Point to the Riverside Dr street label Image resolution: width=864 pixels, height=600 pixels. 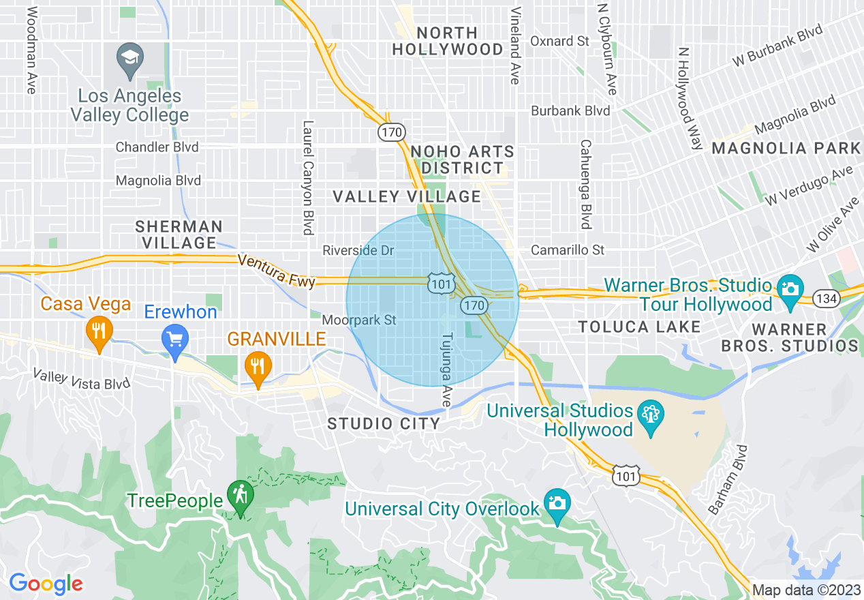358,251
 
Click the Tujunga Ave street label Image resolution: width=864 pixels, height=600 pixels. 447,370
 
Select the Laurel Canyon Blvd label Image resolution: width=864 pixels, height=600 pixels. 308,177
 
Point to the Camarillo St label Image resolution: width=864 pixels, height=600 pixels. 568,250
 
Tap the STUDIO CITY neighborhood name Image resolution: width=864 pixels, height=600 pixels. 384,423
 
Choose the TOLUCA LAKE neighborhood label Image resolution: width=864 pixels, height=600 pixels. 639,327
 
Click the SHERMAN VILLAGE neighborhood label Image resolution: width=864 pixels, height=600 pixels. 179,234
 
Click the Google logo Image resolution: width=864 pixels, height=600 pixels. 46,584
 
